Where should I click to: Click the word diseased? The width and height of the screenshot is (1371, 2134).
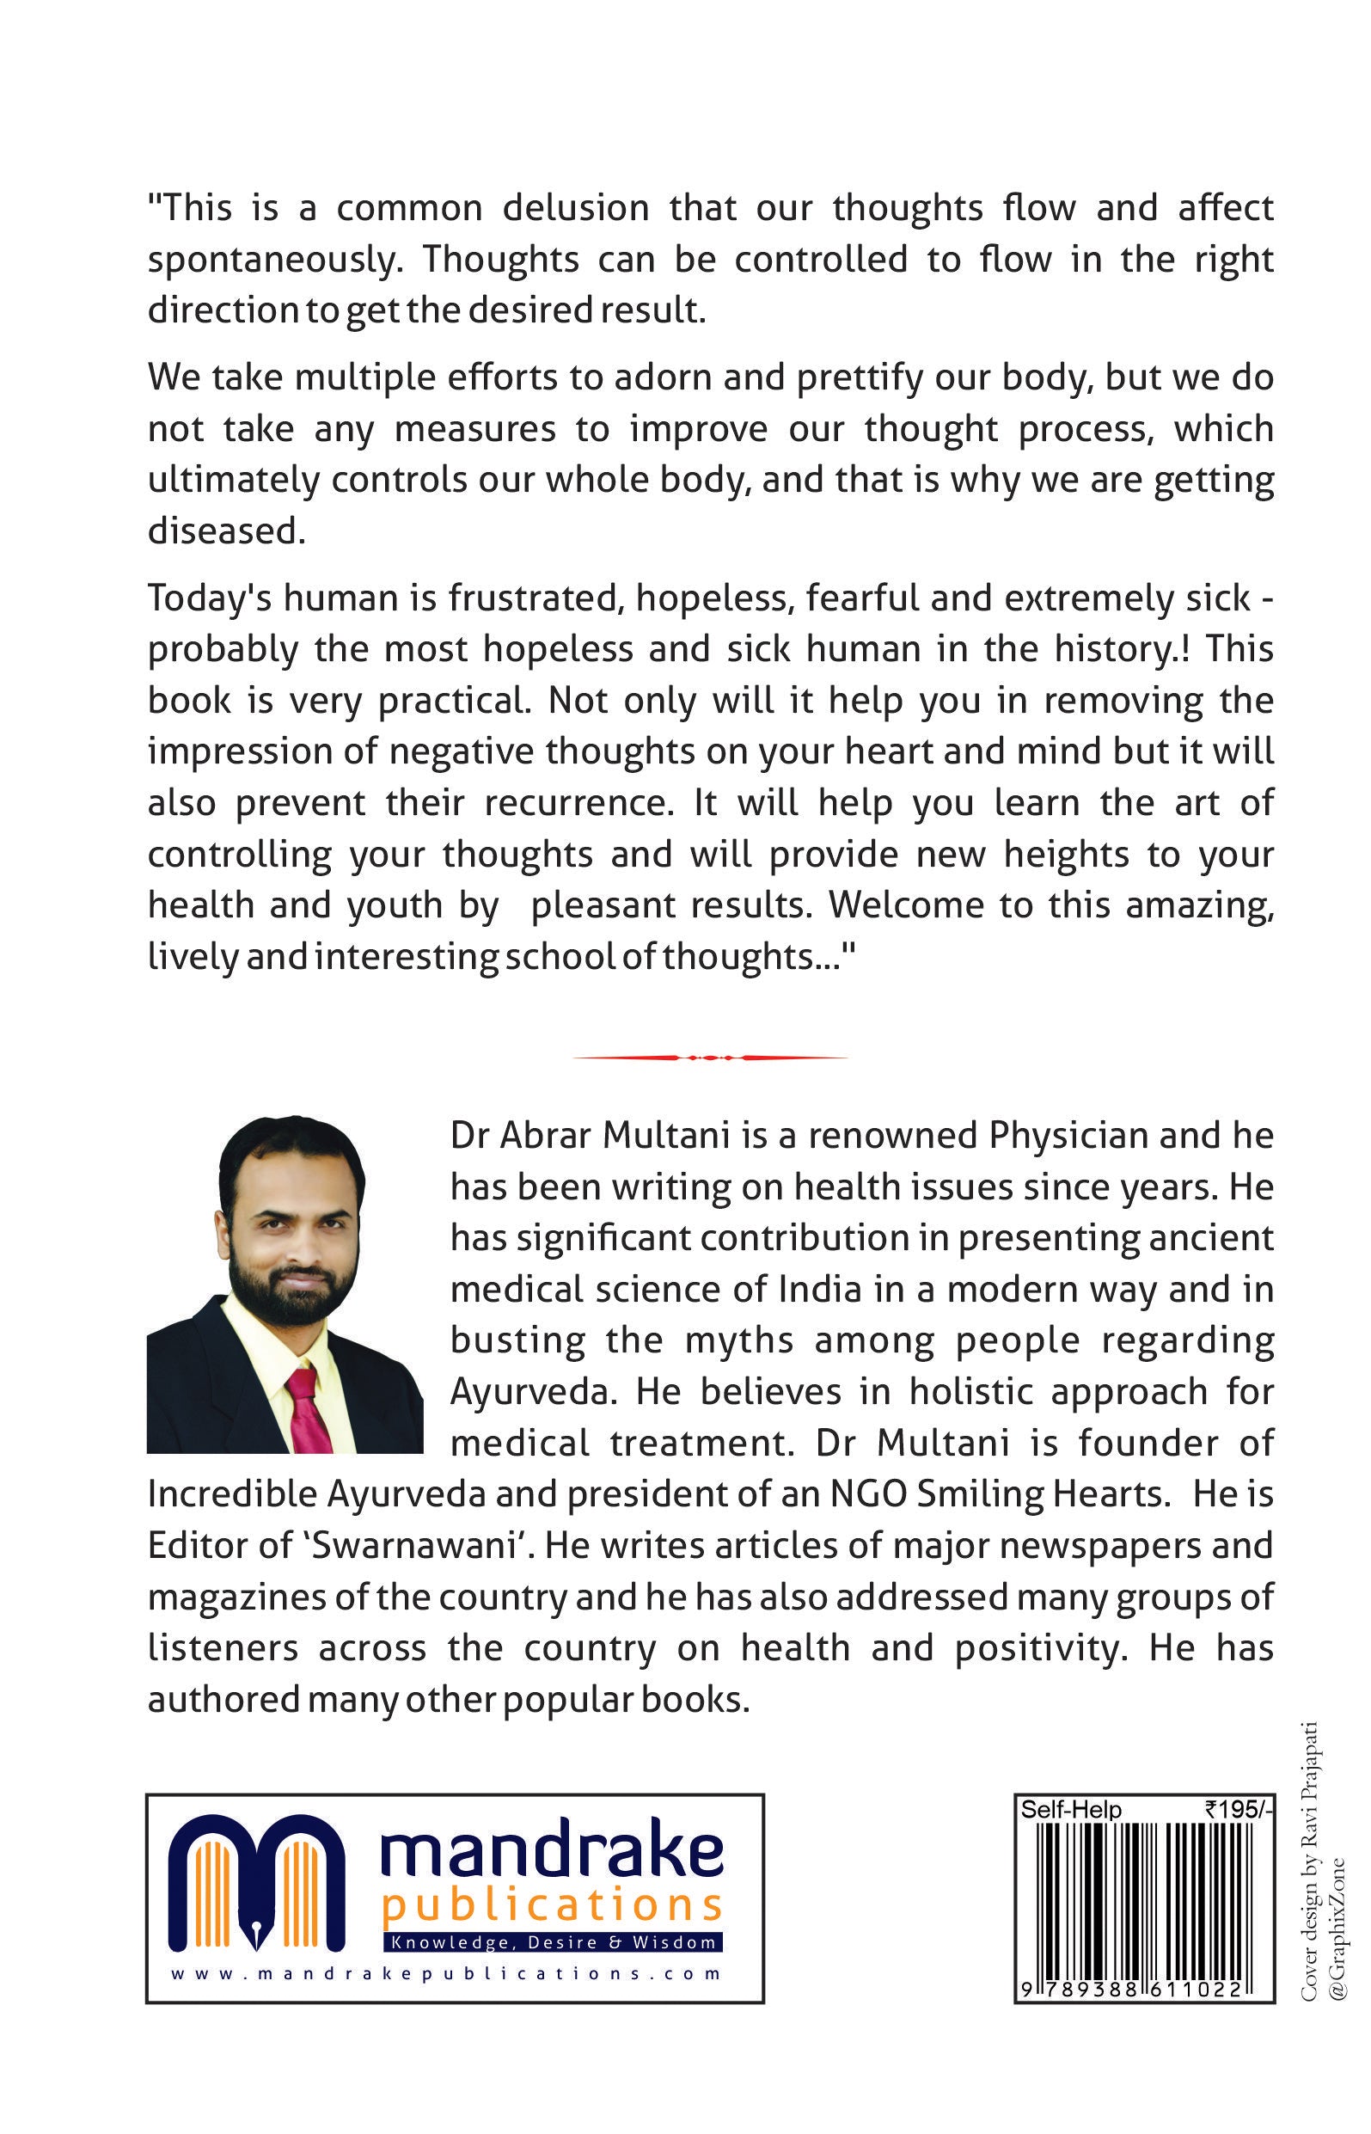point(226,531)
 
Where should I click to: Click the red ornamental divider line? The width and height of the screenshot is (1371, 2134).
point(709,1058)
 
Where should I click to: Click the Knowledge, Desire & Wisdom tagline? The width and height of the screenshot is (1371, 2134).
point(554,1941)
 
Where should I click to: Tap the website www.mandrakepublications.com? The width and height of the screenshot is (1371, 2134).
point(445,1974)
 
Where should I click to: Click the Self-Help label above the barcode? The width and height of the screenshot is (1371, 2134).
point(1070,1810)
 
